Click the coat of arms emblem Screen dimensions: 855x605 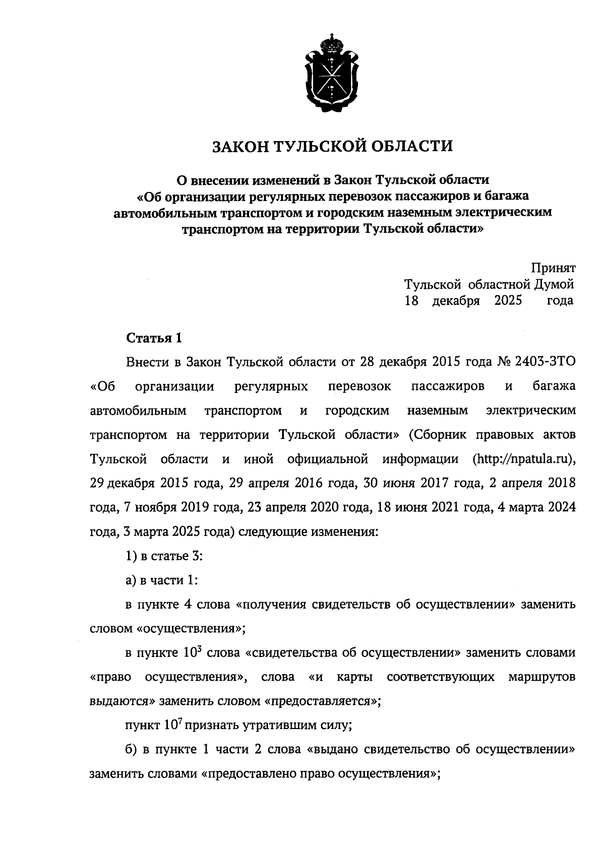[x=331, y=72]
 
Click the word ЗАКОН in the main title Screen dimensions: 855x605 [x=240, y=147]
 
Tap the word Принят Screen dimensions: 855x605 [x=553, y=268]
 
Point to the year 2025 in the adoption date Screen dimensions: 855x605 [x=508, y=301]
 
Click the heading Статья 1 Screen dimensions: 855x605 [x=153, y=338]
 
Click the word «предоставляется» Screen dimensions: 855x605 [x=322, y=701]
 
